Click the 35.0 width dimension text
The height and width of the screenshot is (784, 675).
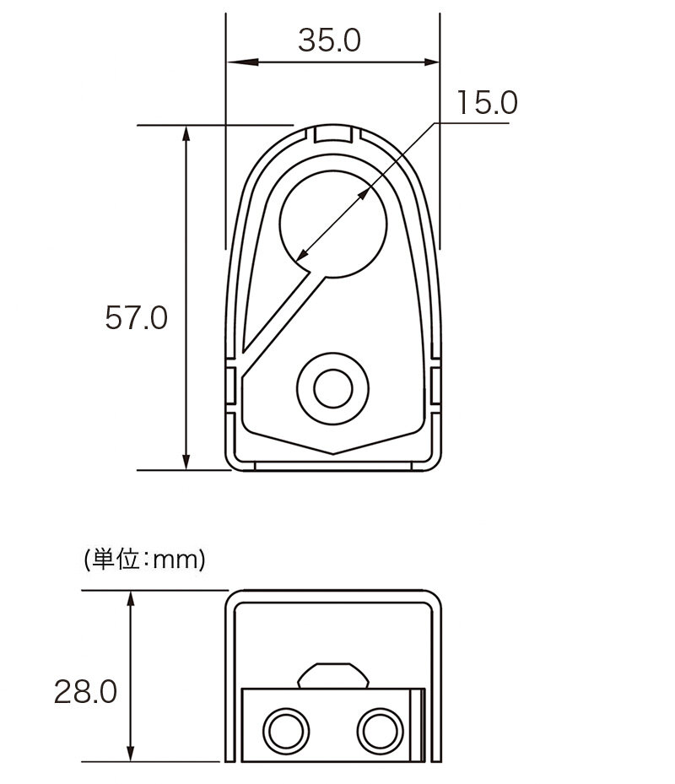tap(329, 41)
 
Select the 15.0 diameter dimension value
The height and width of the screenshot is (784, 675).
tap(487, 102)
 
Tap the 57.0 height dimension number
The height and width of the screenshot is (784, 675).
tap(136, 317)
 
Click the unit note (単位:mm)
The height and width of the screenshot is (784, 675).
tap(145, 560)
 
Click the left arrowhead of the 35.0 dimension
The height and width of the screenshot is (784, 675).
tap(243, 62)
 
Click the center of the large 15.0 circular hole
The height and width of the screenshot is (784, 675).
tap(333, 224)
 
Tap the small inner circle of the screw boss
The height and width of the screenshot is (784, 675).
tap(333, 388)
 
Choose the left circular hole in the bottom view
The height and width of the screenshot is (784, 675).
tap(286, 731)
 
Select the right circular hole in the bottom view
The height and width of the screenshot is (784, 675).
tap(380, 731)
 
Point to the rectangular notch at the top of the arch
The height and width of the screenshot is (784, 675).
tap(333, 134)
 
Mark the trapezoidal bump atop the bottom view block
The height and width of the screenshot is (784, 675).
tap(333, 676)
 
